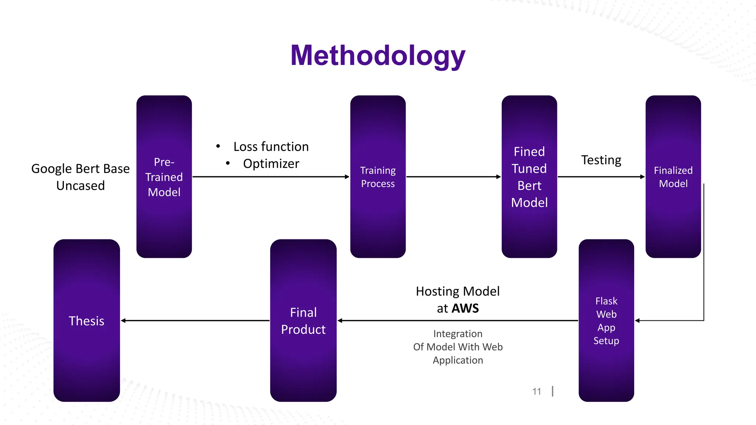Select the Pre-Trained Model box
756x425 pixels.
pos(164,177)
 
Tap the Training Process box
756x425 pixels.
pos(378,177)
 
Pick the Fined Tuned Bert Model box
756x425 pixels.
pos(529,177)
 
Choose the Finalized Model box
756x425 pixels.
pos(673,177)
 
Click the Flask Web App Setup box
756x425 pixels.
pos(606,320)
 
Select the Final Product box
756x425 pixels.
pos(303,320)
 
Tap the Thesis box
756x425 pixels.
pos(86,320)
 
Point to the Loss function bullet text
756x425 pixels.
pos(271,146)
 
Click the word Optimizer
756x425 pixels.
pos(271,163)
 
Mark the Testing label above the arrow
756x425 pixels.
pos(601,160)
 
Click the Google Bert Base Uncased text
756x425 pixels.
pos(80,177)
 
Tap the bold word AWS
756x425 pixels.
pos(465,308)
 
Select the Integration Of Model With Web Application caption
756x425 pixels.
pos(458,347)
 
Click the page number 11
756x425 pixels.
pos(537,391)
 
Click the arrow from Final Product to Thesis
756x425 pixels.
pos(196,321)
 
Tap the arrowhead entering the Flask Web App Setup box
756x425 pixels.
pos(638,321)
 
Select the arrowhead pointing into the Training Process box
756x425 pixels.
pos(347,177)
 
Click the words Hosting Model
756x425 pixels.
pos(458,291)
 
